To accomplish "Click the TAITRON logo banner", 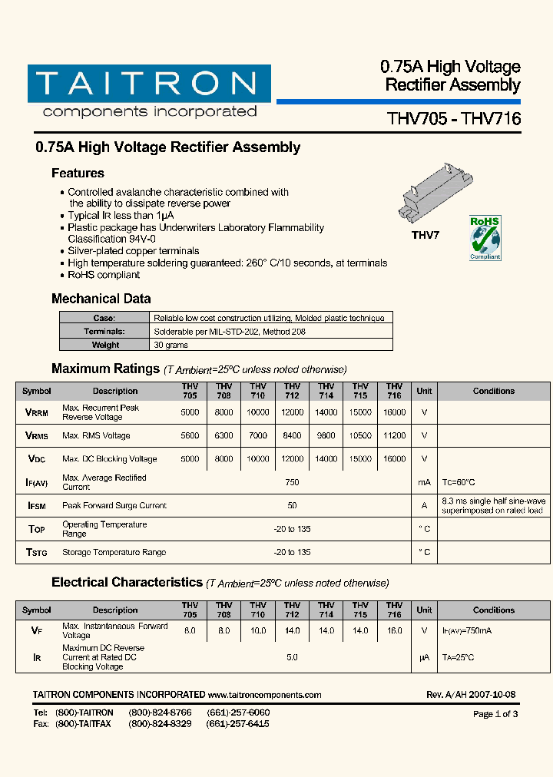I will coord(149,84).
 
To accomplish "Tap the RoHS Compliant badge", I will coord(485,238).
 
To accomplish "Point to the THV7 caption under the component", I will coord(426,236).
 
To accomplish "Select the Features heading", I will coord(78,174).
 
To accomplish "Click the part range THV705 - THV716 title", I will coord(453,119).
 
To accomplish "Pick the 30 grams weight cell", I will coord(167,346).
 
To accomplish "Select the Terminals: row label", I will coord(104,332).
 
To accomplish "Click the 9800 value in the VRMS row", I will coord(326,436).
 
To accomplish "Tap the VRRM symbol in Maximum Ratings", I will coord(37,413).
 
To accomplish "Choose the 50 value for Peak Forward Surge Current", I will coord(292,506).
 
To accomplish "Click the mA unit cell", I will coord(424,483).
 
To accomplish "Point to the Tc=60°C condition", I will coord(459,483).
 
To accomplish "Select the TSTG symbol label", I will coord(37,553).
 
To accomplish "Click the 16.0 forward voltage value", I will coord(394,631).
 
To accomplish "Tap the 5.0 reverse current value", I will coord(292,658).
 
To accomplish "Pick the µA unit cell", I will coord(424,658).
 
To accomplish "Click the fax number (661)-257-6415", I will coord(238,724).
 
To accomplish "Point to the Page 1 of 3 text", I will coord(495,714).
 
